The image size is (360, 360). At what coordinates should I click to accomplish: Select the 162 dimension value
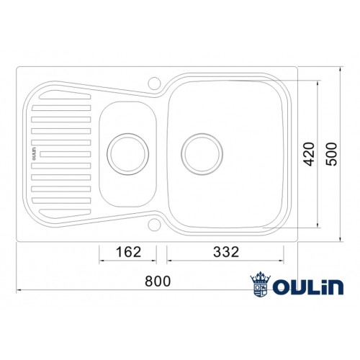pyautogui.click(x=128, y=252)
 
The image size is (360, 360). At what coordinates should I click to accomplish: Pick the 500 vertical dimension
pyautogui.click(x=331, y=153)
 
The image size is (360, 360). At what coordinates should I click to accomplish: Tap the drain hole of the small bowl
pyautogui.click(x=128, y=151)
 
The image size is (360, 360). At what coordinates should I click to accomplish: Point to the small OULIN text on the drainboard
pyautogui.click(x=35, y=153)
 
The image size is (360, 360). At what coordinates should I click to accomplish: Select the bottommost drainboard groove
pyautogui.click(x=63, y=212)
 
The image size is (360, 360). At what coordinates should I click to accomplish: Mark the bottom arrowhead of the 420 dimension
pyautogui.click(x=317, y=226)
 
